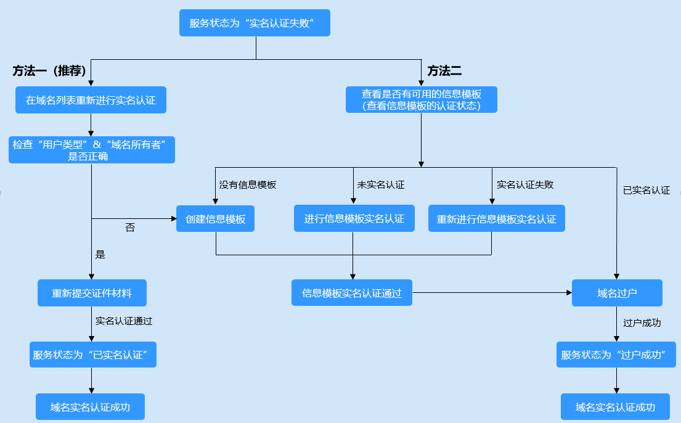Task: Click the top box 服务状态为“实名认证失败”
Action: (x=255, y=23)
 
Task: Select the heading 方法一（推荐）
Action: (x=49, y=71)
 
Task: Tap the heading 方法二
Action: (x=444, y=71)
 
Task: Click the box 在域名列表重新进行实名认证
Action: (x=91, y=100)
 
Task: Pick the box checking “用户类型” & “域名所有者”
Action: (x=91, y=150)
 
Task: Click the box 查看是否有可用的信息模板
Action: (x=422, y=99)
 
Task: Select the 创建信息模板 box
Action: (x=216, y=219)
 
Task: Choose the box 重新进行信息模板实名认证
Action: (x=496, y=219)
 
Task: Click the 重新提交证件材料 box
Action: (x=92, y=293)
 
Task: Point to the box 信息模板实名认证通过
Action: (x=352, y=293)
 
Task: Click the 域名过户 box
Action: (x=617, y=293)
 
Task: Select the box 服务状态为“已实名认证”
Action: (x=92, y=355)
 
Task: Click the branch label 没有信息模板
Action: (x=248, y=184)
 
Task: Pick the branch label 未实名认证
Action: (x=381, y=184)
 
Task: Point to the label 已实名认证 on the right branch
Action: (x=646, y=190)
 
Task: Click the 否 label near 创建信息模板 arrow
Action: (x=130, y=228)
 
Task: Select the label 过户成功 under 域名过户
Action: (x=642, y=322)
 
